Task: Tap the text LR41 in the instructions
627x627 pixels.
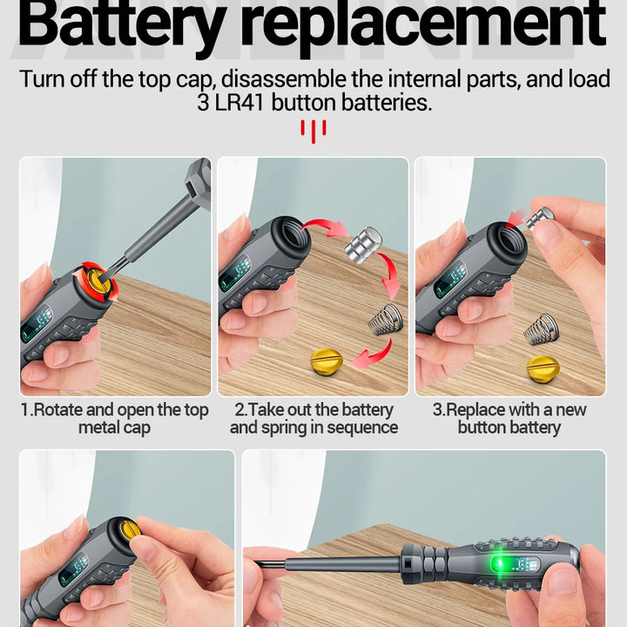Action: tap(239, 103)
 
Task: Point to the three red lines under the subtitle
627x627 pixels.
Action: tap(313, 131)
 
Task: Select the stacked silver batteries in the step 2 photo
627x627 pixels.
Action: tap(363, 245)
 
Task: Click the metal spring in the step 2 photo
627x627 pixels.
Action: tap(385, 319)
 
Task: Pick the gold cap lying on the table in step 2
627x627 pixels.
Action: tap(327, 361)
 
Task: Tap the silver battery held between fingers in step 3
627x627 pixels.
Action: tap(540, 219)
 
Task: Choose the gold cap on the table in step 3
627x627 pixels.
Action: tap(543, 367)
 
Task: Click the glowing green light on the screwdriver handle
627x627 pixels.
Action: tap(502, 564)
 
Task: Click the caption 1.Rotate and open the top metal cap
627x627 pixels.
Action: tap(115, 419)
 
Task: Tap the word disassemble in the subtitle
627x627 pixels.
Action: tap(284, 78)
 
